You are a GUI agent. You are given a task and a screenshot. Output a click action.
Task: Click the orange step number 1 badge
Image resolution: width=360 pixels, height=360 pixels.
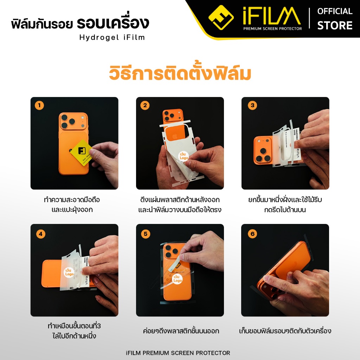(39, 105)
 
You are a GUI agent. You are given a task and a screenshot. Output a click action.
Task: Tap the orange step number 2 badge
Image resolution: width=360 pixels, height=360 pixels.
(145, 105)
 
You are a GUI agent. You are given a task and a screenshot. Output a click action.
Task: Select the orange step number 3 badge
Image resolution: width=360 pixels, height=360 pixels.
(252, 105)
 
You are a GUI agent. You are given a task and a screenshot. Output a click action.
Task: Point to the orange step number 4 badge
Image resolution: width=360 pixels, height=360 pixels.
(41, 233)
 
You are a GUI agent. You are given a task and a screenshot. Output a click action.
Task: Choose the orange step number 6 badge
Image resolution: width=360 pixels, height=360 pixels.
(252, 233)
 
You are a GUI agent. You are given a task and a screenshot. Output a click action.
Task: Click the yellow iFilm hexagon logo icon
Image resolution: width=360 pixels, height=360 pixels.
(221, 18)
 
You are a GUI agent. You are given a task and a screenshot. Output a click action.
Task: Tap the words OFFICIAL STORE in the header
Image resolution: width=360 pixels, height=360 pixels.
(334, 18)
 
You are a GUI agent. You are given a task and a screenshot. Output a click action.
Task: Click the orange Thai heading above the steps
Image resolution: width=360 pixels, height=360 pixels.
(180, 74)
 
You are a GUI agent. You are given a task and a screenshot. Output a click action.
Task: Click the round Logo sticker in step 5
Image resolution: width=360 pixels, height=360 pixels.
(178, 279)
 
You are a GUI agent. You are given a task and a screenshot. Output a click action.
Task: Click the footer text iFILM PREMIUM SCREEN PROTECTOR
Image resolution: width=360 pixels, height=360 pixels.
(180, 353)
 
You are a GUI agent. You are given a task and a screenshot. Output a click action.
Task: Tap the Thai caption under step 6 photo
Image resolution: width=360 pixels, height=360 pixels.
(285, 331)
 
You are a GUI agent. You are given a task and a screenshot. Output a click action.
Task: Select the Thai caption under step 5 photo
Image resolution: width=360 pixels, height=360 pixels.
(181, 331)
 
